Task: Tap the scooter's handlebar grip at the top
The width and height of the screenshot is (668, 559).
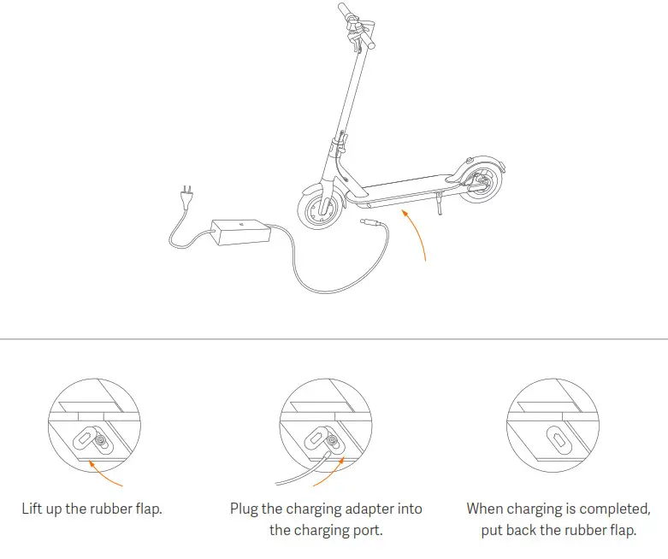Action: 344,11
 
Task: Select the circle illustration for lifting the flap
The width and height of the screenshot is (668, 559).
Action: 95,427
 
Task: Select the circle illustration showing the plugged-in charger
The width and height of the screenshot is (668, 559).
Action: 326,427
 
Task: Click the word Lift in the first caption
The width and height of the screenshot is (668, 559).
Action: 33,509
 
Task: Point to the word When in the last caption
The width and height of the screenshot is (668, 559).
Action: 485,509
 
